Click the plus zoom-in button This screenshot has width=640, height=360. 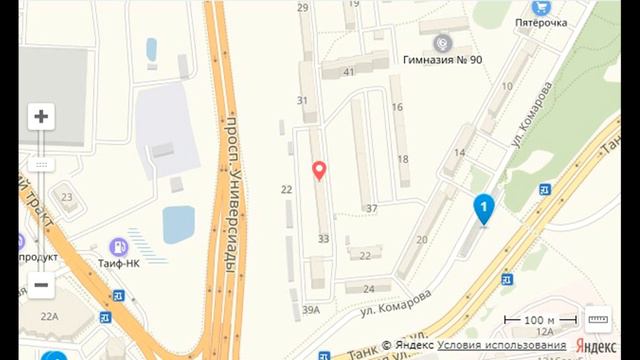coord(41,116)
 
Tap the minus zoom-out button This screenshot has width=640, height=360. coord(41,285)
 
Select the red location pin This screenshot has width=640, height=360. coord(319,171)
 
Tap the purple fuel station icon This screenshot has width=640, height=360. coord(118,246)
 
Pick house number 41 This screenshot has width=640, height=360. coord(349,72)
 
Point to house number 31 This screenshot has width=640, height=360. coord(302,100)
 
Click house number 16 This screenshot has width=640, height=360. coord(396,107)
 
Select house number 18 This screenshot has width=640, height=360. coord(403,158)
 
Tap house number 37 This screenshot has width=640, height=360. coord(372,208)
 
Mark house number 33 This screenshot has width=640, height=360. coord(323,239)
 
